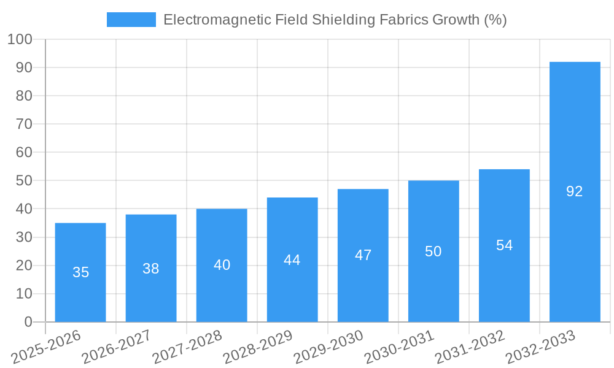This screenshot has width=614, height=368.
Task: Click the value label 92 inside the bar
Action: tap(575, 191)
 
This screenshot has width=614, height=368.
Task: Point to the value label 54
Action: tap(504, 245)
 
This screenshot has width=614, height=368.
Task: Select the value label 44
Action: tap(292, 260)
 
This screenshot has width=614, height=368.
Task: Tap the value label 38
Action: tap(151, 269)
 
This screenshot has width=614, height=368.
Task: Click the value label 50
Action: tap(433, 251)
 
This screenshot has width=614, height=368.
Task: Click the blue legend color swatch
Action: tap(131, 20)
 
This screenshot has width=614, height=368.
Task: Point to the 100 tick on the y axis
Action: tap(20, 39)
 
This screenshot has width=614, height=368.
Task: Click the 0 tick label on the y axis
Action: tap(28, 322)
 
